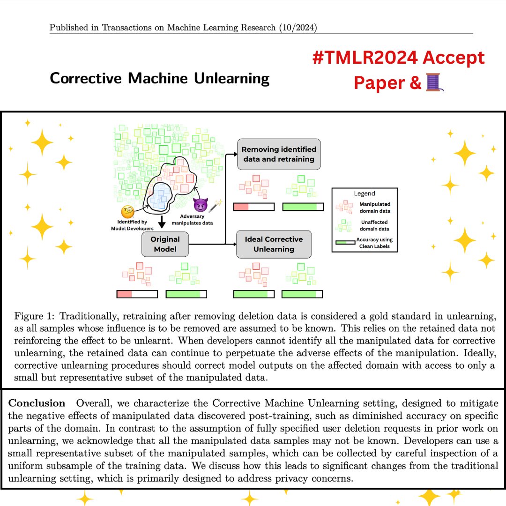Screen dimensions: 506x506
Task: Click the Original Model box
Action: coord(165,244)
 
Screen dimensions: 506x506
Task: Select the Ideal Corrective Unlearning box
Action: coord(274,244)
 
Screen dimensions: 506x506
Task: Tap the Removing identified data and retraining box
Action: coord(279,154)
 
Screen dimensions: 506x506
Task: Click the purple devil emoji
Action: coord(201,204)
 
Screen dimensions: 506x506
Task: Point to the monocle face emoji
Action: coord(128,212)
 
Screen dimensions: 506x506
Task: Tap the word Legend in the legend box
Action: coord(364,193)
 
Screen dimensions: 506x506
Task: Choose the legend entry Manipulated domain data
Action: coord(375,207)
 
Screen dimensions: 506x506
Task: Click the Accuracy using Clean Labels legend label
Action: coord(375,243)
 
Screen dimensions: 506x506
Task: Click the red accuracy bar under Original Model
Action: coord(125,294)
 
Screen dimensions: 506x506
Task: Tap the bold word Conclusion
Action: coord(37,403)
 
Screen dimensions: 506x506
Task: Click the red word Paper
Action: coord(373,82)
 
